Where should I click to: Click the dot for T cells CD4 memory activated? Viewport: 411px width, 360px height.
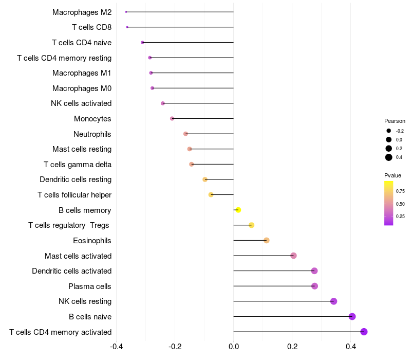tap(364, 332)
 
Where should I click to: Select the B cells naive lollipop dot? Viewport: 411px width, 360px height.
tap(352, 316)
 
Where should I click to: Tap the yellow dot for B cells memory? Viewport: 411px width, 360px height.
tap(238, 210)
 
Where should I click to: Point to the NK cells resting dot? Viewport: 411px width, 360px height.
tap(333, 301)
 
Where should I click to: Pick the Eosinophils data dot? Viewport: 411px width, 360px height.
tap(266, 240)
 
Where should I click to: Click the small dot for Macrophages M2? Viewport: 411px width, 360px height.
tap(126, 12)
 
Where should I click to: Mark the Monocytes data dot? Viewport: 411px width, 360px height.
tap(172, 119)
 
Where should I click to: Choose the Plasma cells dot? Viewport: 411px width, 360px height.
tap(314, 286)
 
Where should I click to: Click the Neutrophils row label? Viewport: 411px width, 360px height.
tap(92, 134)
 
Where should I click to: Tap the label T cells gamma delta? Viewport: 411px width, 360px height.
tap(78, 165)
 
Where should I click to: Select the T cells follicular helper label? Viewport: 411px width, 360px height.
tap(74, 195)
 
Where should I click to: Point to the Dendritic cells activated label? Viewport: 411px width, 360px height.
tap(72, 271)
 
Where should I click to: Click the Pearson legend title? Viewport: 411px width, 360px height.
tap(395, 121)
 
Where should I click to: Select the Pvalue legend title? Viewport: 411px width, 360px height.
tap(393, 175)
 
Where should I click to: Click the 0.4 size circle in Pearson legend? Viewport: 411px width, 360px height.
tap(389, 157)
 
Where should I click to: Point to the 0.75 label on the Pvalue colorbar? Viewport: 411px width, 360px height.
tap(401, 191)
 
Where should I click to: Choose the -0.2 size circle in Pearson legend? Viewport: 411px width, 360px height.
tap(389, 131)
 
